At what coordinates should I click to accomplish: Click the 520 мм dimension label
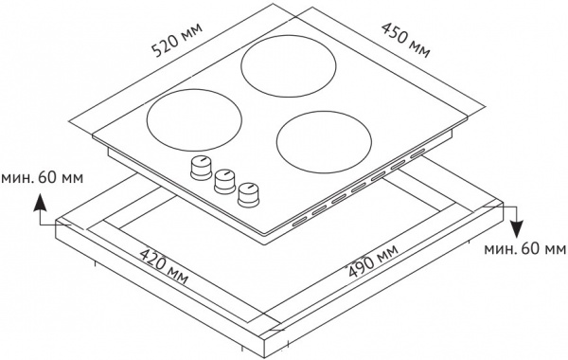[177, 40]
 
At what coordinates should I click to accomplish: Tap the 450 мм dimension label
[406, 40]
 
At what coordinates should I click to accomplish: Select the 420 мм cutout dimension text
[165, 266]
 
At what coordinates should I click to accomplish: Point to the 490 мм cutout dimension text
[373, 261]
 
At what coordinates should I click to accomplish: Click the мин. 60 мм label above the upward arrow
[42, 178]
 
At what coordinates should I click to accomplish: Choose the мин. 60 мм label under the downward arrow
[524, 249]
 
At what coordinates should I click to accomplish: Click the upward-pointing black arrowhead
[40, 203]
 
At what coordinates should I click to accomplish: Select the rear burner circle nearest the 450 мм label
[289, 66]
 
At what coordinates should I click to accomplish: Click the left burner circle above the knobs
[194, 119]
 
